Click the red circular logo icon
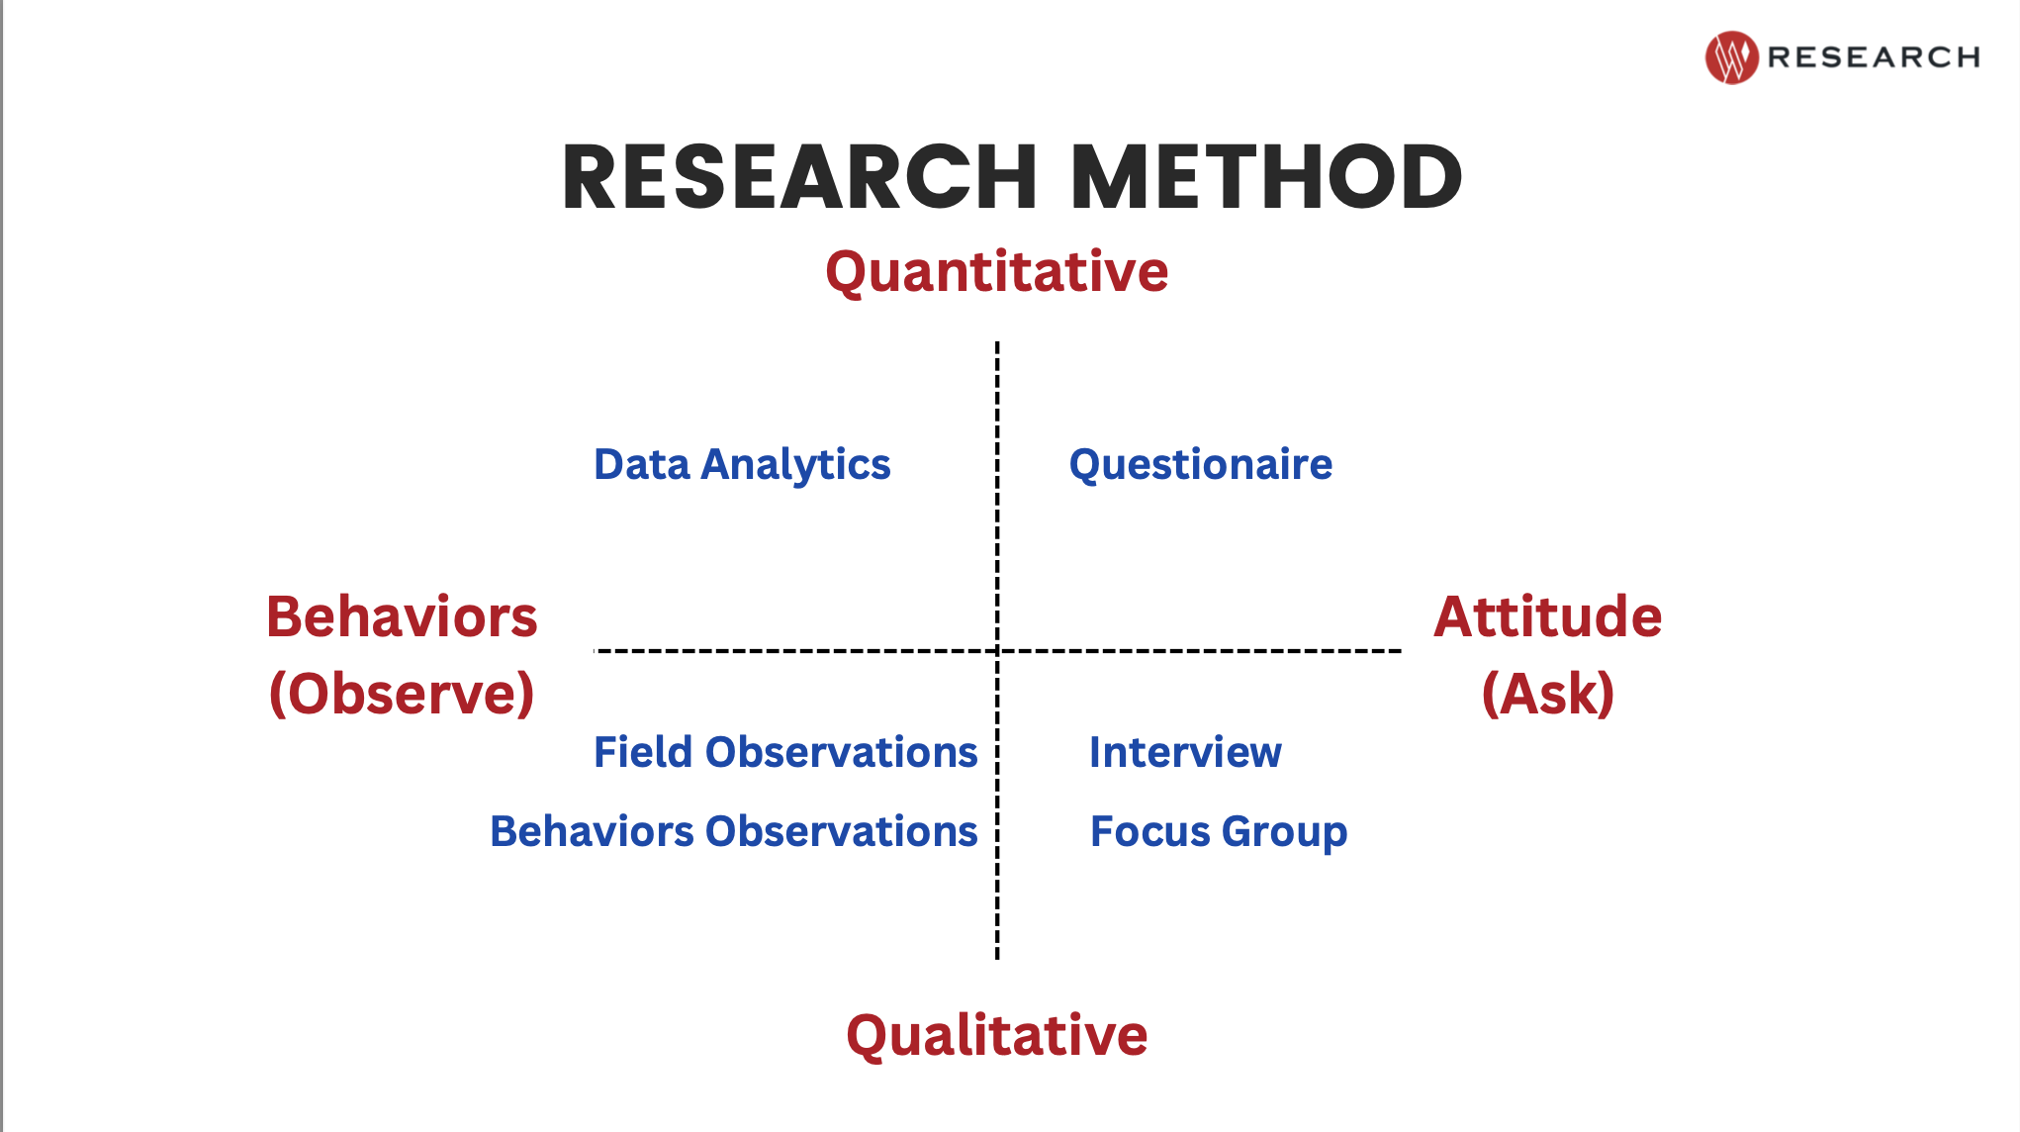click(x=1731, y=57)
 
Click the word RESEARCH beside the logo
click(x=1874, y=57)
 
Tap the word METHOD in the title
click(x=1266, y=177)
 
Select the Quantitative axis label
click(x=997, y=272)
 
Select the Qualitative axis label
click(x=997, y=1036)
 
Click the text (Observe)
click(x=402, y=694)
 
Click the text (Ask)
click(x=1548, y=694)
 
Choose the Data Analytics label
click(x=742, y=465)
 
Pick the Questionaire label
click(x=1201, y=465)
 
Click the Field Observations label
click(x=785, y=752)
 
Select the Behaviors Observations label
click(x=734, y=831)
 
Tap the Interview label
click(x=1185, y=752)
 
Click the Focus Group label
click(x=1219, y=833)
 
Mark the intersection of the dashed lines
click(x=997, y=651)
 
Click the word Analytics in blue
click(x=796, y=466)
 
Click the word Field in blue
click(x=643, y=752)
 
